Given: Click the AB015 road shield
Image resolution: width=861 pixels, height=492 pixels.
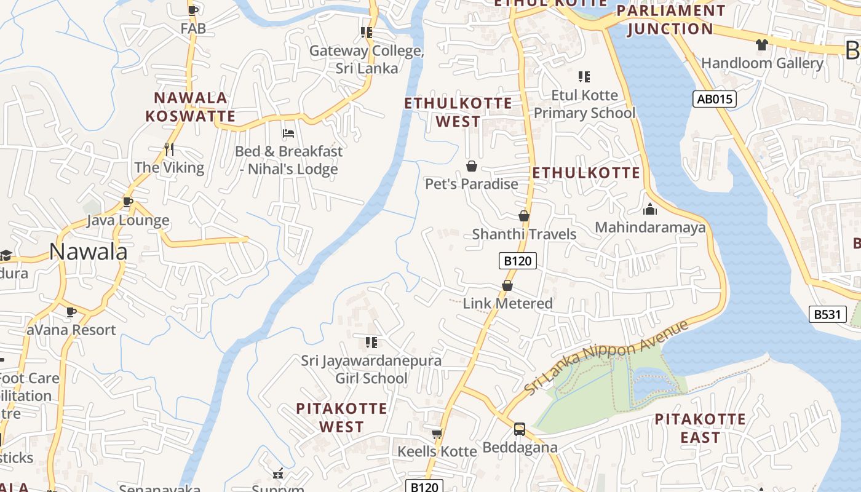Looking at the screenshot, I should [714, 99].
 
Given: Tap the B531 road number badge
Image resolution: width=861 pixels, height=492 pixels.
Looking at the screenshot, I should [827, 314].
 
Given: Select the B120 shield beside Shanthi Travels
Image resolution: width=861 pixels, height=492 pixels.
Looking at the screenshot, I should [517, 261].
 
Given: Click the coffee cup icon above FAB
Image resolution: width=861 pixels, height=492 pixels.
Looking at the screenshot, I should [193, 10].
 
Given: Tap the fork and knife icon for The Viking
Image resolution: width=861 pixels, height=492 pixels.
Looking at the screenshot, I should [169, 149].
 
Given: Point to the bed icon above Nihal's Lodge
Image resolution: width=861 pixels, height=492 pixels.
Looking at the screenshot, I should [288, 133].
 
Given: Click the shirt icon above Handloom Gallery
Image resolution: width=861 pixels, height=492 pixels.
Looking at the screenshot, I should [761, 44].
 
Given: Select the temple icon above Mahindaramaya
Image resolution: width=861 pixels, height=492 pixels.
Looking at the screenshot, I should [650, 210].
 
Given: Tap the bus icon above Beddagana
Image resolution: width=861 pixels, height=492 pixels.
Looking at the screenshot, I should [520, 429].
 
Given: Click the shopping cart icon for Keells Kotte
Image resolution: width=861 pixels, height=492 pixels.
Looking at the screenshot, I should [437, 434].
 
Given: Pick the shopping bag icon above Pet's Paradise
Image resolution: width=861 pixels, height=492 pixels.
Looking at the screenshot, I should [472, 166].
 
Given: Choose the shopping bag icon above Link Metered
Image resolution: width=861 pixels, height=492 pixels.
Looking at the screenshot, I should [507, 285].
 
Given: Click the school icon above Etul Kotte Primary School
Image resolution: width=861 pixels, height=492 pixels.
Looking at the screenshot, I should [584, 77].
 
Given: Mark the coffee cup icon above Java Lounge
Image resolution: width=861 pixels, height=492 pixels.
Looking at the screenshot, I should [127, 202].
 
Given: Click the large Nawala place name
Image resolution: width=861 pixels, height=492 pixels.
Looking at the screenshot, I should [89, 252].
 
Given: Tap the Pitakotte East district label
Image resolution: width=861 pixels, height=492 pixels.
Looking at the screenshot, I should [700, 429].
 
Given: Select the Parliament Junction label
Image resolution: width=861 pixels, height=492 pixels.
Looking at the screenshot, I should [671, 20].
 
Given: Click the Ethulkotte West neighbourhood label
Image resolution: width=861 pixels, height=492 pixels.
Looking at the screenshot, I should [458, 112].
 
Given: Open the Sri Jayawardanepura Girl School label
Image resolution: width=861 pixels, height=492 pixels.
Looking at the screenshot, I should [371, 369].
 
